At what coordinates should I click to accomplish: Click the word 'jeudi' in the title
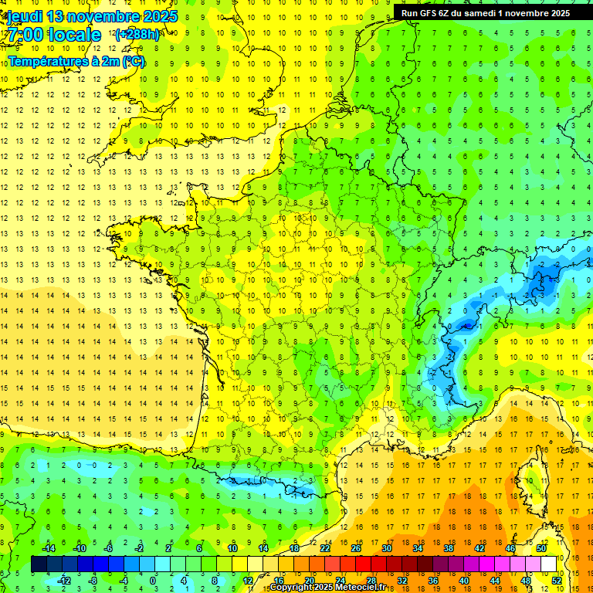(x=22, y=17)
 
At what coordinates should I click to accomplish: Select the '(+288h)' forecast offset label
(x=137, y=35)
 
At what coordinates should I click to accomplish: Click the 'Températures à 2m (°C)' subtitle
(x=76, y=61)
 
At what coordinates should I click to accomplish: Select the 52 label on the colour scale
(x=557, y=580)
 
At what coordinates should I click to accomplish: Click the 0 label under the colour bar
(x=153, y=580)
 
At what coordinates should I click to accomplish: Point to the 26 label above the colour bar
(x=355, y=548)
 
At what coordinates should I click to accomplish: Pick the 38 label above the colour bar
(x=448, y=548)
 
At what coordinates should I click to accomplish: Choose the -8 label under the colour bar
(x=93, y=580)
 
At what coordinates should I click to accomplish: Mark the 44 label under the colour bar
(x=495, y=580)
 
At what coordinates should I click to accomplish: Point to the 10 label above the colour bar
(x=232, y=548)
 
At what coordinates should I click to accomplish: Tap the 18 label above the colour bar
(x=293, y=548)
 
